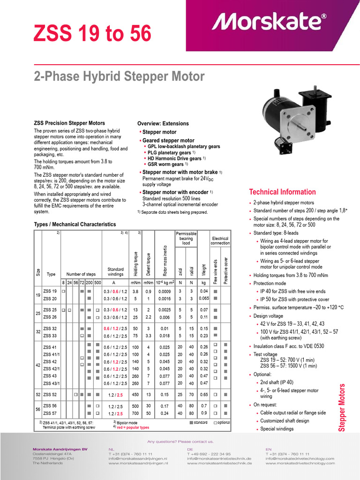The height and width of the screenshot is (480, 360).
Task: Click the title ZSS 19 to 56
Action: click(x=92, y=33)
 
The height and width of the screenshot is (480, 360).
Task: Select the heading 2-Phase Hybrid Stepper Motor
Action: click(x=119, y=76)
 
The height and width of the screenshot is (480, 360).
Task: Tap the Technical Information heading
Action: click(x=282, y=192)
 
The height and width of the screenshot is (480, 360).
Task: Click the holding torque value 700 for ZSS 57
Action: click(x=135, y=413)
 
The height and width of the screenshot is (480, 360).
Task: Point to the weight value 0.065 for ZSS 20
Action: click(x=203, y=298)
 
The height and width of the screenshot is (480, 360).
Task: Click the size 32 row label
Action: click(x=37, y=332)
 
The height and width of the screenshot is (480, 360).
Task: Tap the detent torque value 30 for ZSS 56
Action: click(x=149, y=405)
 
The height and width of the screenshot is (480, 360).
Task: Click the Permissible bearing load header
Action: click(x=186, y=238)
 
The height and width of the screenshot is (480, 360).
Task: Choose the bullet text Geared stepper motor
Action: click(x=168, y=141)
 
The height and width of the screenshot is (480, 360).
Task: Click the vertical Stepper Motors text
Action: click(x=342, y=408)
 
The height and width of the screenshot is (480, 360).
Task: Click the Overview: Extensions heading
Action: click(x=163, y=124)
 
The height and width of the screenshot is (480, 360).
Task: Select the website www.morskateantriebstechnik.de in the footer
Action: click(x=219, y=463)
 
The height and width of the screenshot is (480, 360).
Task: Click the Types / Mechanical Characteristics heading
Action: click(x=75, y=225)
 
